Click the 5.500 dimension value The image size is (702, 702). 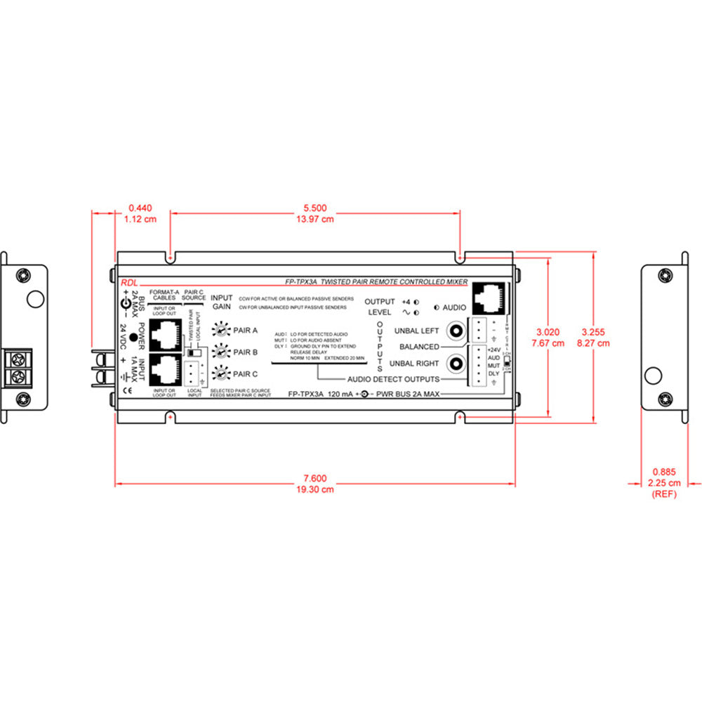pos(313,208)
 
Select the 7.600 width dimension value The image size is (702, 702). pos(314,479)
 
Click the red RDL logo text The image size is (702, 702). pos(129,282)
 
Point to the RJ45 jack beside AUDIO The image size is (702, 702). pos(488,298)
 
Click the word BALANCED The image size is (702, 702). pos(419,347)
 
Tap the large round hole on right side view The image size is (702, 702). pos(653,373)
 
